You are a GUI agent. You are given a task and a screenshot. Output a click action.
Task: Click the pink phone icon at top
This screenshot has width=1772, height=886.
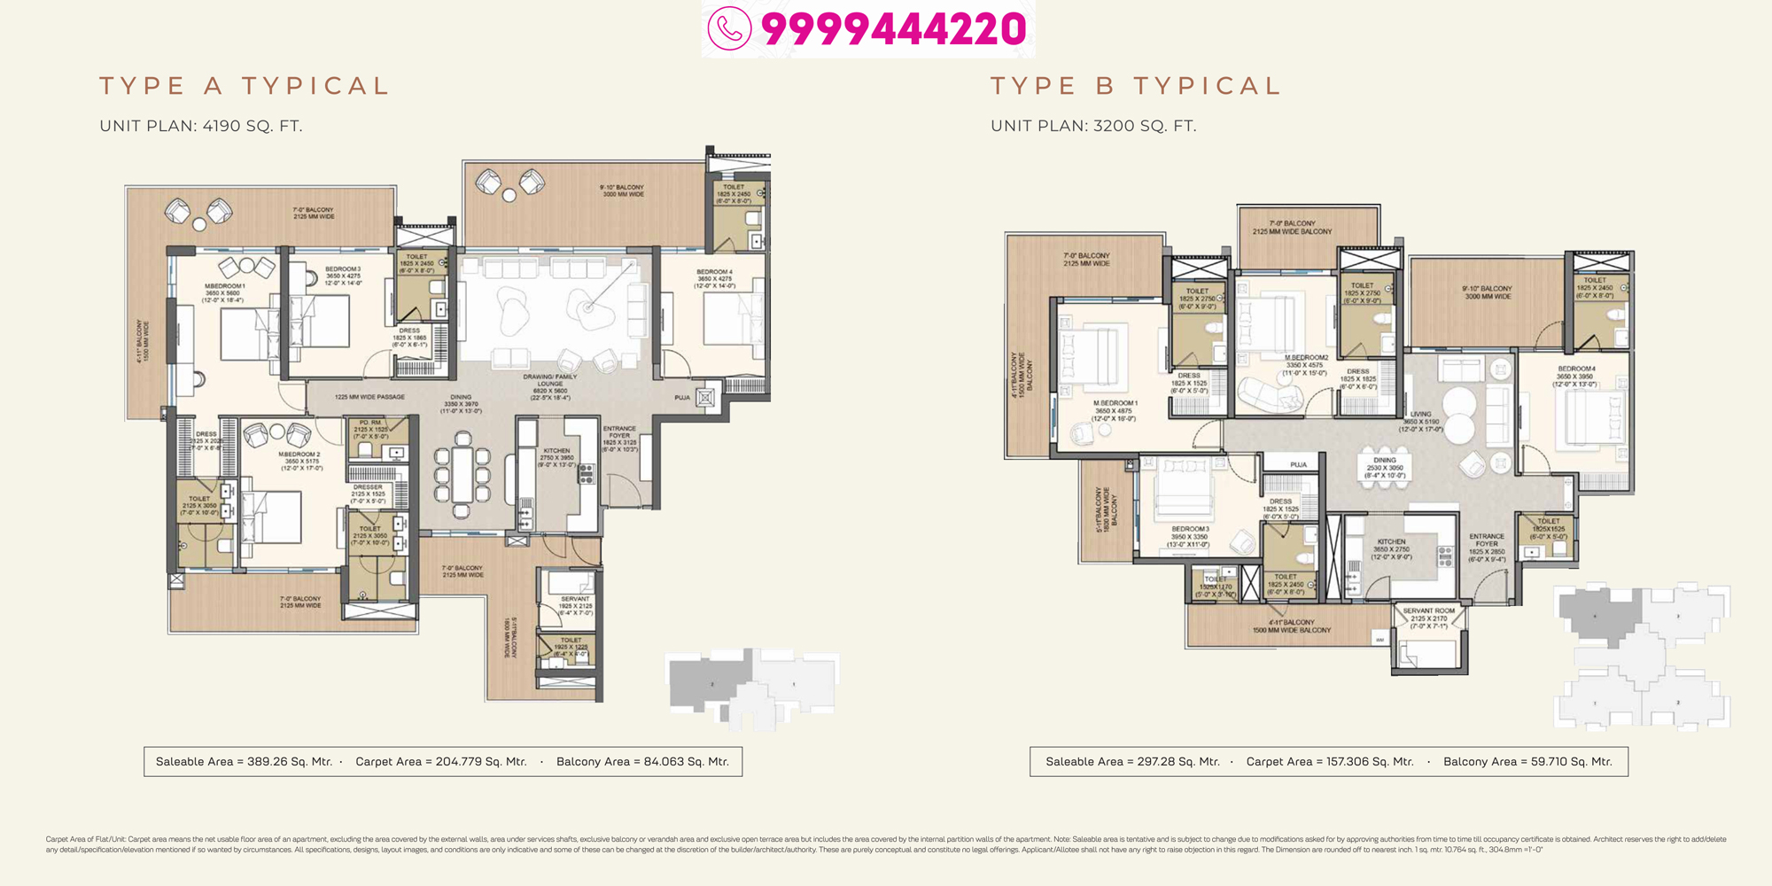[729, 28]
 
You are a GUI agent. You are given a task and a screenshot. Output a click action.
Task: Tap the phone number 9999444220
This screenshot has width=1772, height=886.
[893, 28]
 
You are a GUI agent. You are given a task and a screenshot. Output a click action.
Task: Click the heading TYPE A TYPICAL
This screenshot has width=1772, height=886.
[245, 86]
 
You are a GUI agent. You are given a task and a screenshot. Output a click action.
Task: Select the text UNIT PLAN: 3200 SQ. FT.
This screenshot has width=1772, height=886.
[1093, 126]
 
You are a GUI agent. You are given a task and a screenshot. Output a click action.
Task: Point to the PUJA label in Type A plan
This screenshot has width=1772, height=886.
[682, 398]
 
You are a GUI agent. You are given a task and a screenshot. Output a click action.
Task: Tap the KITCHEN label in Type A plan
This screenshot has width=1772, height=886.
[557, 451]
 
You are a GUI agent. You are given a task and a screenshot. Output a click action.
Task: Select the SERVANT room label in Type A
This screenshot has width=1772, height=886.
[575, 599]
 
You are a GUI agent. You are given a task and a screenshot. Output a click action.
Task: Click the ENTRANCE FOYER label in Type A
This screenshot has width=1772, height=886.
[619, 432]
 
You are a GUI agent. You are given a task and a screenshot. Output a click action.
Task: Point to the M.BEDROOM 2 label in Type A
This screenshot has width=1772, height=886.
[299, 455]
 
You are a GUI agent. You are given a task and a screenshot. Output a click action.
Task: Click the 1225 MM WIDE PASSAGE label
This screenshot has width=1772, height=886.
[369, 397]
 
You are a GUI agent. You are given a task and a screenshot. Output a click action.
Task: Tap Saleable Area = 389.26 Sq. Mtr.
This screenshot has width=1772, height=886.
[244, 762]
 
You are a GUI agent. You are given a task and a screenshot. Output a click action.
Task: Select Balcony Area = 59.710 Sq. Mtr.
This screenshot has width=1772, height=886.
[1527, 762]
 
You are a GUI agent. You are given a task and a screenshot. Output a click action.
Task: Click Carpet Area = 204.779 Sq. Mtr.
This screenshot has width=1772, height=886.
[441, 762]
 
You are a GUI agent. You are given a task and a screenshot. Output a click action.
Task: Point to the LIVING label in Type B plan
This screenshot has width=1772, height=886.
[1421, 414]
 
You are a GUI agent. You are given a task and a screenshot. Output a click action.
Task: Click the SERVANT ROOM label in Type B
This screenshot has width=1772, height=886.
[1429, 610]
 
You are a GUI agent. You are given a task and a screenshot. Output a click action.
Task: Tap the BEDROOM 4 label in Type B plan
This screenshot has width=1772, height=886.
[1577, 369]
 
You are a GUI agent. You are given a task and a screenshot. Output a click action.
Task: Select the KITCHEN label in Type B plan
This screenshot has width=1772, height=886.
[1391, 541]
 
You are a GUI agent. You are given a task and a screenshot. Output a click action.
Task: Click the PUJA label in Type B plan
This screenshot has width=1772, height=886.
[1299, 464]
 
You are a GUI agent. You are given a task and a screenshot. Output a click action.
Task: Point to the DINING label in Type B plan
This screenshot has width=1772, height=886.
[1385, 460]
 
